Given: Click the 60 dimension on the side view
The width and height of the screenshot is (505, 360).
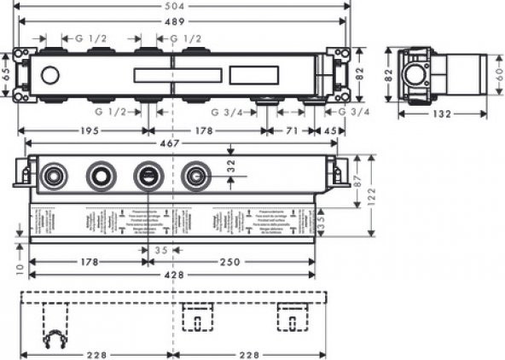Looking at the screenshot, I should (498, 77).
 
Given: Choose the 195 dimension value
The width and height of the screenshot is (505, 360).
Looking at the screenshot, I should (84, 131).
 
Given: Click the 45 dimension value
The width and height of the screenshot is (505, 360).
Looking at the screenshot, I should (329, 131).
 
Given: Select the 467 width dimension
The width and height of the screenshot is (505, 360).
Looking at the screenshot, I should (171, 144).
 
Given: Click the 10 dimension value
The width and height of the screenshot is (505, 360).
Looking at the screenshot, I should (8, 267).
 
